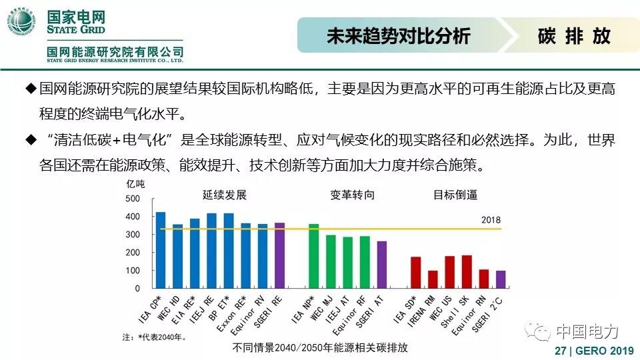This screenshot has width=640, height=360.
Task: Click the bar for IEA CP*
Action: [160, 250]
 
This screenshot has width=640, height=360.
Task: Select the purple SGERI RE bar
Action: [280, 256]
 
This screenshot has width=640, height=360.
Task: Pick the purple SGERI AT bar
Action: [381, 265]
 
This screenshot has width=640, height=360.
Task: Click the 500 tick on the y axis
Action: [133, 199]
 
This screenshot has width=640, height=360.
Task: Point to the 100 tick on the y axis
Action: [133, 271]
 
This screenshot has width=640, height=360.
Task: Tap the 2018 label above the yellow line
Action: [490, 221]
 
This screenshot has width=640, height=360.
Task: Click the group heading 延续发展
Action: [225, 195]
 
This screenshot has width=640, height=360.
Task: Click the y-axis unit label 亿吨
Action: [135, 183]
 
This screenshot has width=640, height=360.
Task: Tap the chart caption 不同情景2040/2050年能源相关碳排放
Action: [320, 347]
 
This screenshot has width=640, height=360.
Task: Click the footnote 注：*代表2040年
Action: [154, 337]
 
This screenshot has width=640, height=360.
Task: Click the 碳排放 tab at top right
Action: [574, 35]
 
